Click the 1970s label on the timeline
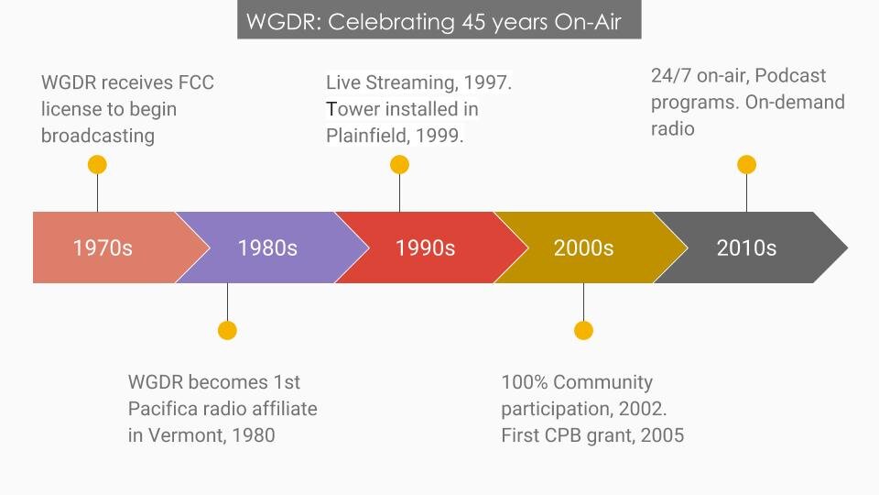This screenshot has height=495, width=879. tap(103, 247)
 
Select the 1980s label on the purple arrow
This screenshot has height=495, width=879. tap(267, 247)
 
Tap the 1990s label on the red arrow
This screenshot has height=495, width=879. tap(426, 247)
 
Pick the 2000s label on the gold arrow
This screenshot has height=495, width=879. tap(583, 247)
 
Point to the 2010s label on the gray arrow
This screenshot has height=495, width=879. tap(746, 247)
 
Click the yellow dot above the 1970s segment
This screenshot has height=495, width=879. tap(98, 165)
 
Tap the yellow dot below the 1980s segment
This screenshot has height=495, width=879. tap(228, 331)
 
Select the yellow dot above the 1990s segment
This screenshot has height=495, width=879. tap(400, 165)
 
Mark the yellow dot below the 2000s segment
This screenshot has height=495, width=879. tap(583, 331)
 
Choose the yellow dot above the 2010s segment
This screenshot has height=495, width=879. tap(747, 165)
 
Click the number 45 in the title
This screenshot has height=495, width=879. tap(473, 22)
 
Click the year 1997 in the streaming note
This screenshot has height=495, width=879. tap(487, 82)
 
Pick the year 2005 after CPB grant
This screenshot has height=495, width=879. tap(662, 435)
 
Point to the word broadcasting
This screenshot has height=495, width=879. tap(98, 136)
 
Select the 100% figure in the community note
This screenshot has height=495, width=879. tap(524, 382)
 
